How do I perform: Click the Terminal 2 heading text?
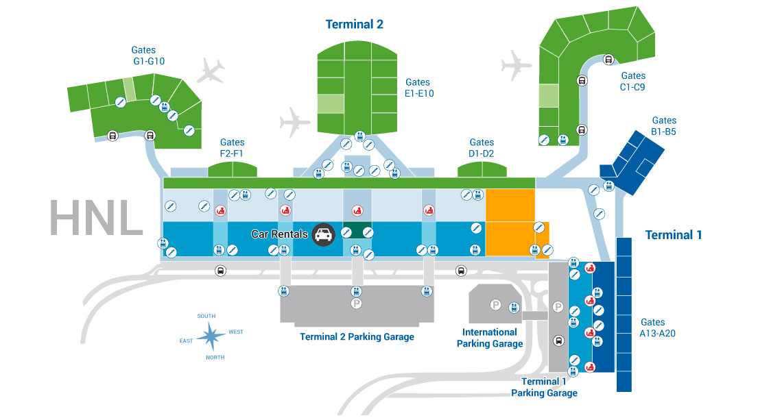coord(354,25)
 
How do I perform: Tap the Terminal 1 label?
coord(674,235)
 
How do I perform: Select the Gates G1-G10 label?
coord(144,55)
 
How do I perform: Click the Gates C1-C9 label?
coord(632,82)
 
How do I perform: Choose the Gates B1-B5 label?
coord(663,126)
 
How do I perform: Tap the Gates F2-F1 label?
coord(232,148)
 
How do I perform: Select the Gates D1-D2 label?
coord(482,148)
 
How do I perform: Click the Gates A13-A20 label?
coord(652,328)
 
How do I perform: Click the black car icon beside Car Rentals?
coord(323,234)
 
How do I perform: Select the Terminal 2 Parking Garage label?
coord(357,337)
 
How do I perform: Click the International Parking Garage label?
coord(490,338)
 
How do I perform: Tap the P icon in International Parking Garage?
coord(495,304)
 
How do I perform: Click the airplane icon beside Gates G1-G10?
coord(211,70)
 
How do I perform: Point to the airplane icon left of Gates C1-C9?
coord(517,66)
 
